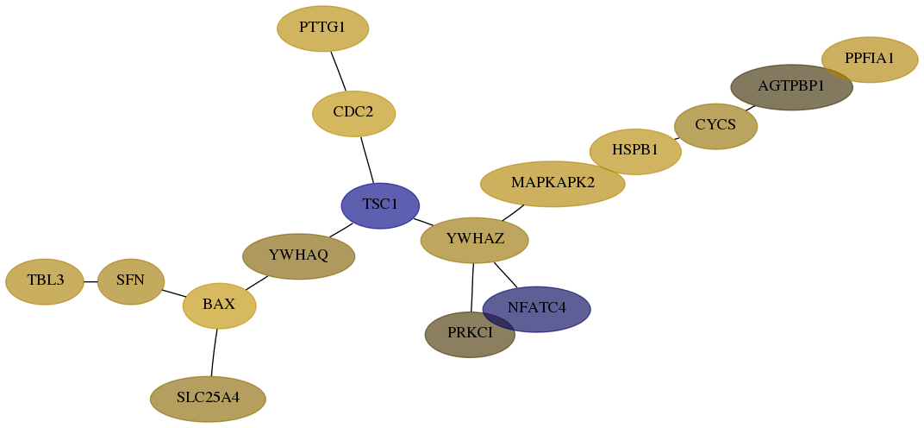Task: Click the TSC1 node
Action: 380,205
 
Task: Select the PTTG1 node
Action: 323,28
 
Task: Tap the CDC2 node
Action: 353,113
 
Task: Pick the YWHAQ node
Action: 299,256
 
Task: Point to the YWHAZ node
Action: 474,240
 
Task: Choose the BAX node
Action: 219,305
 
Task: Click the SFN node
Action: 131,281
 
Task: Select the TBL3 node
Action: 45,281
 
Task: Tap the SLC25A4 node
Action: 208,399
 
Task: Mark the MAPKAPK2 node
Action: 553,184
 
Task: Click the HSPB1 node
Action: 635,152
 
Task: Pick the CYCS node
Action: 715,126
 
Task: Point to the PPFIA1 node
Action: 870,60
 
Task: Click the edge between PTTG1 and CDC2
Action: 338,72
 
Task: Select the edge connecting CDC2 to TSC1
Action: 367,160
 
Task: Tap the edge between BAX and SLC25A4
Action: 214,352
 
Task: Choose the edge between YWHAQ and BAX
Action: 256,283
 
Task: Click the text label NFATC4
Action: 536,308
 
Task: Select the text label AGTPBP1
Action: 791,86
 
